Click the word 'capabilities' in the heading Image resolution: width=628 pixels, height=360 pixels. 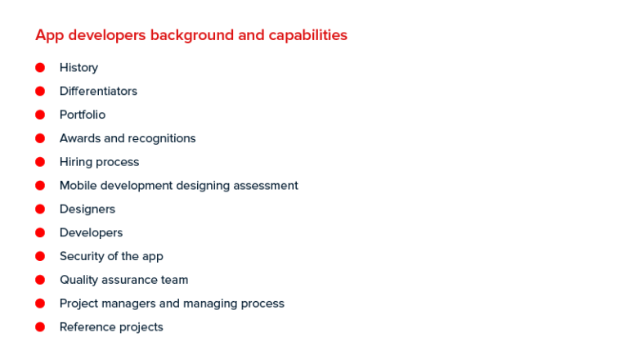[306, 36]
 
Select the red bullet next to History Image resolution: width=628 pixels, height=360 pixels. [40, 68]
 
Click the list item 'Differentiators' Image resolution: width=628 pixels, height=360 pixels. [98, 92]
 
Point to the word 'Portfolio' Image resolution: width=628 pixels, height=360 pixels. [83, 115]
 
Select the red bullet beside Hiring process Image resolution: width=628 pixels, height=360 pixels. [40, 162]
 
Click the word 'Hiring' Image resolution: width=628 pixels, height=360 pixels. [76, 162]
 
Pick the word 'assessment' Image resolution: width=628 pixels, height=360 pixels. [266, 186]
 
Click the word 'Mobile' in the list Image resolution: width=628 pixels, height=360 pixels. [78, 186]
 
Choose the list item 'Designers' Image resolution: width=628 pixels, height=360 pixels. [87, 209]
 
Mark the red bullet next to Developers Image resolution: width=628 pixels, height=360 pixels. [40, 233]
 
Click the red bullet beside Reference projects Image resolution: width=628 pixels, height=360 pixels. [40, 327]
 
